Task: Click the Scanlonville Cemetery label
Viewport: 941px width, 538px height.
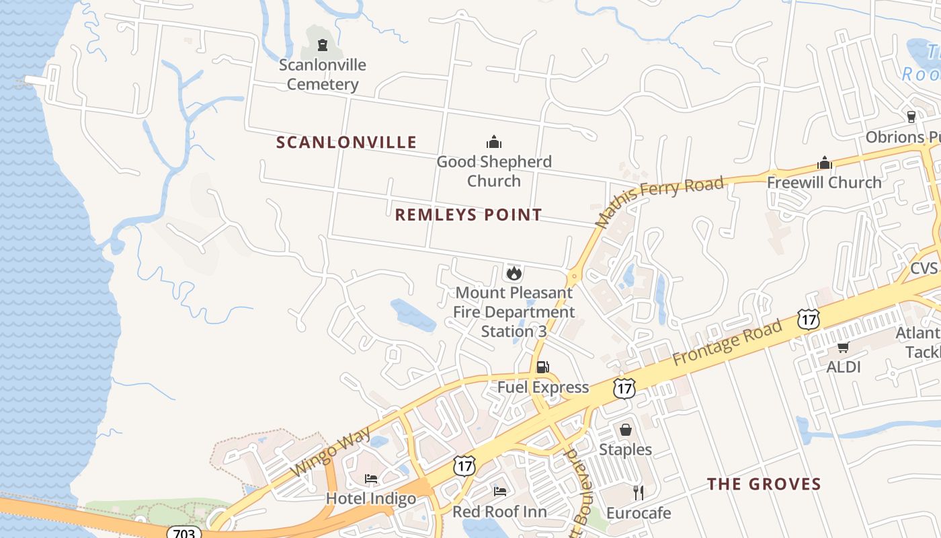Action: (x=323, y=75)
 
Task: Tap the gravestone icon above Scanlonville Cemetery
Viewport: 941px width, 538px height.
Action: (x=323, y=45)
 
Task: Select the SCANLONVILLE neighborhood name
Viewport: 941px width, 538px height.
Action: (x=347, y=143)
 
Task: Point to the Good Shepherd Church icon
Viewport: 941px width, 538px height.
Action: (x=494, y=142)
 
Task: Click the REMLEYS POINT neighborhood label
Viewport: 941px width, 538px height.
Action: (x=468, y=215)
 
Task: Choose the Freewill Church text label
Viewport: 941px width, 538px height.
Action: (x=824, y=182)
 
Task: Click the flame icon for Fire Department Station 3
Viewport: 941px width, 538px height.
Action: (x=514, y=273)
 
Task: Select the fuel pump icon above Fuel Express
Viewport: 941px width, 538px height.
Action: (x=543, y=367)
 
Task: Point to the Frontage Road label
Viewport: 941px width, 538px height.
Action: (x=727, y=343)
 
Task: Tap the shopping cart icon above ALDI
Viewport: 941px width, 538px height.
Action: (x=843, y=348)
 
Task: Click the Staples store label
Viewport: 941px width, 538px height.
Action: (x=625, y=449)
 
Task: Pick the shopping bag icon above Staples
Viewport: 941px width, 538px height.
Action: (x=626, y=429)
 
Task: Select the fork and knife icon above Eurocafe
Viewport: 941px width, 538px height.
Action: (x=639, y=493)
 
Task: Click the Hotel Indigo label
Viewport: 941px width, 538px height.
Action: (x=371, y=499)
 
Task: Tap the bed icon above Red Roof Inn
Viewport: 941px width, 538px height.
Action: (x=500, y=491)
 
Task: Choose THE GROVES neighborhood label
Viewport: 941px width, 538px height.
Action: (x=764, y=484)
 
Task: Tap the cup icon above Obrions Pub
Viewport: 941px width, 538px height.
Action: (x=911, y=116)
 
